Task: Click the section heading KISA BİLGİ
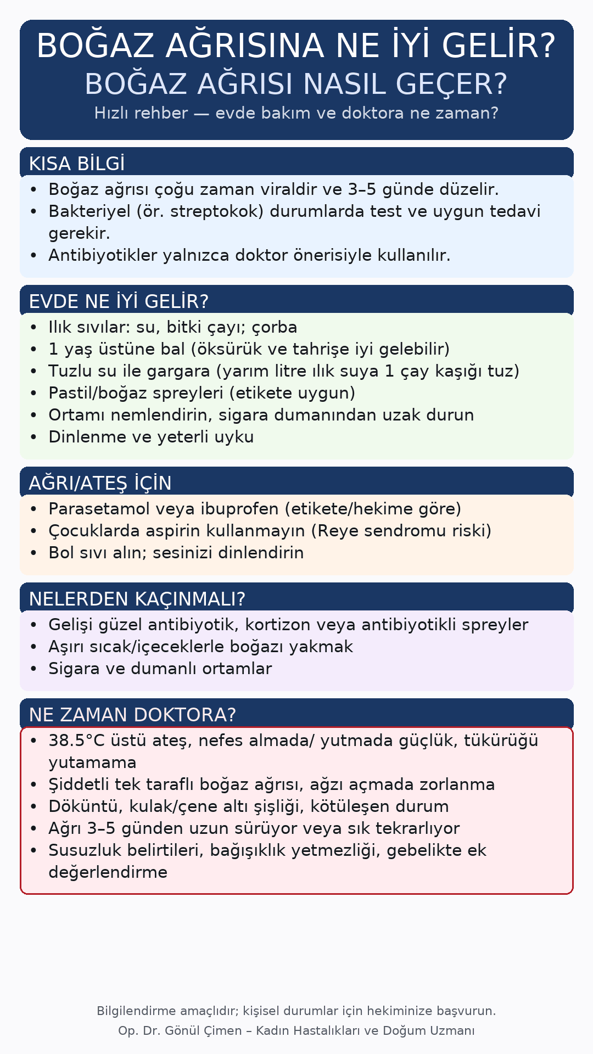click(x=77, y=164)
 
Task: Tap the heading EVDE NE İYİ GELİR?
click(x=119, y=301)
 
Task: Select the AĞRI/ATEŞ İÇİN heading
click(x=100, y=483)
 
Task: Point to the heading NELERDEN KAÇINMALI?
click(x=137, y=599)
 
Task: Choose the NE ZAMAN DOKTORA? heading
click(x=132, y=715)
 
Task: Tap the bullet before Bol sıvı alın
click(x=34, y=553)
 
